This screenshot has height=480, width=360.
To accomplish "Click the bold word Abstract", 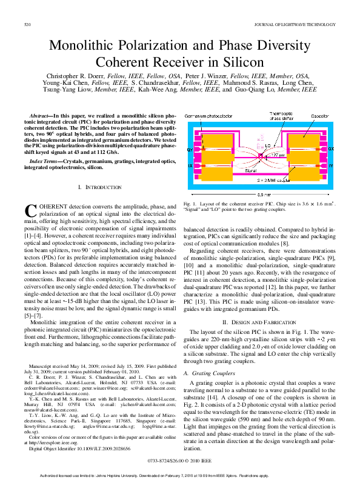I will click(x=41, y=115).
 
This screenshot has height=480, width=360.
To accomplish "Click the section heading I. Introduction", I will click(x=98, y=187).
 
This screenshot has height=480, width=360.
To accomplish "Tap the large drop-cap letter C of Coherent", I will click(x=30, y=210).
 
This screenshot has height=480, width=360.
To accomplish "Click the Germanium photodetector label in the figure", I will click(x=204, y=115).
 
